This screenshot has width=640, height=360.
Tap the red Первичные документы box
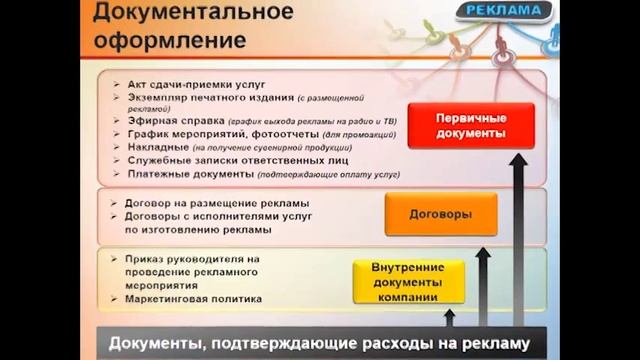click(x=457, y=125)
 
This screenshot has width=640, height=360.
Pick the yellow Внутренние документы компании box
click(x=409, y=282)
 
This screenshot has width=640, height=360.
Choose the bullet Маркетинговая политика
click(x=192, y=299)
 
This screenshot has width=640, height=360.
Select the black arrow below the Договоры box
click(x=483, y=290)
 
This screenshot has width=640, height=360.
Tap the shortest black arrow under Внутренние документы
click(x=449, y=318)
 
